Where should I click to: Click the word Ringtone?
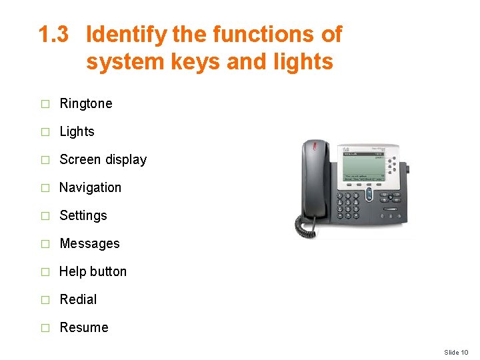[x=85, y=103]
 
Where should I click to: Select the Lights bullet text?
[x=77, y=131]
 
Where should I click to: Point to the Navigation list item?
[x=90, y=187]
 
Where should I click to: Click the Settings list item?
[x=83, y=215]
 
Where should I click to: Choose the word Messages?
[x=89, y=243]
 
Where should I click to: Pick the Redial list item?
[x=78, y=299]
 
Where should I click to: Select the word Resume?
[x=83, y=327]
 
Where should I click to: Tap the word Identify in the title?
[x=127, y=35]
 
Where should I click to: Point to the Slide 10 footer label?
[x=456, y=352]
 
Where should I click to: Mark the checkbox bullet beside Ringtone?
[x=45, y=104]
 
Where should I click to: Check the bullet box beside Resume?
[x=45, y=328]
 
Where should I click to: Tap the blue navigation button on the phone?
[x=369, y=195]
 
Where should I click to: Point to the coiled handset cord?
[x=307, y=227]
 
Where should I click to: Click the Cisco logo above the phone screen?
[x=345, y=149]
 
